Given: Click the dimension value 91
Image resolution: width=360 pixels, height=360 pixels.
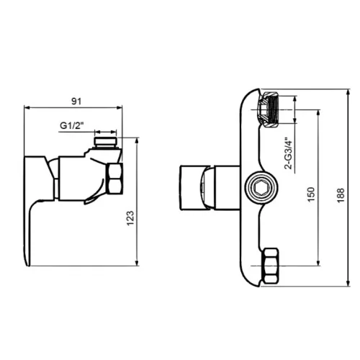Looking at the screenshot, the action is [x=76, y=102].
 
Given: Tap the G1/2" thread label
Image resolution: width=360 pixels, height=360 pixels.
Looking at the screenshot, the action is [x=71, y=125].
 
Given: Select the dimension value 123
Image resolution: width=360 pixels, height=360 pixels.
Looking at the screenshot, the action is [x=130, y=218].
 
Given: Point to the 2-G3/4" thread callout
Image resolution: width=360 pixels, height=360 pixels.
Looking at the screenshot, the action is [x=289, y=153].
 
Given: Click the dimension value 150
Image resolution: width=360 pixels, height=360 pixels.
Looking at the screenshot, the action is [x=311, y=194].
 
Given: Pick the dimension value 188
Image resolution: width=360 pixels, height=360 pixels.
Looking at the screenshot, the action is [x=341, y=195].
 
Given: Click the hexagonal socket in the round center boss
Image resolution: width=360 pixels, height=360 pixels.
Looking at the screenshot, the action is [x=261, y=187].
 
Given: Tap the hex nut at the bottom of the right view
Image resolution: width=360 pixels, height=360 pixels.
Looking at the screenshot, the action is [x=271, y=266].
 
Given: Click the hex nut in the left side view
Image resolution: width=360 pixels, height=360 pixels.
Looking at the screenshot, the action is [x=114, y=179].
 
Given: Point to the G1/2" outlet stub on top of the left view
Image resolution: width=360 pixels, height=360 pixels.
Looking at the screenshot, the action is [x=106, y=142].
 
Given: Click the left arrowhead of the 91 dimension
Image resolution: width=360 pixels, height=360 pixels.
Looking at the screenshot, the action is [x=27, y=108].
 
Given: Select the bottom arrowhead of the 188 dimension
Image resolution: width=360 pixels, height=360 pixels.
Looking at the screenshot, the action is [x=348, y=283].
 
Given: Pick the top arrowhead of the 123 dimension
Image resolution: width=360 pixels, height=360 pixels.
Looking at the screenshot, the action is [x=137, y=140].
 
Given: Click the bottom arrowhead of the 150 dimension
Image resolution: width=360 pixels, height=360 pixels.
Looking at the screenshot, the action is [x=318, y=263].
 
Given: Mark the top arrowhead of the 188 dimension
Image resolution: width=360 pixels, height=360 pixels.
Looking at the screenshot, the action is [x=348, y=92].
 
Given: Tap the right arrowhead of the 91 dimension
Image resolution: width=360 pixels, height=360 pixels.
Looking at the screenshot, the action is [x=120, y=108].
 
